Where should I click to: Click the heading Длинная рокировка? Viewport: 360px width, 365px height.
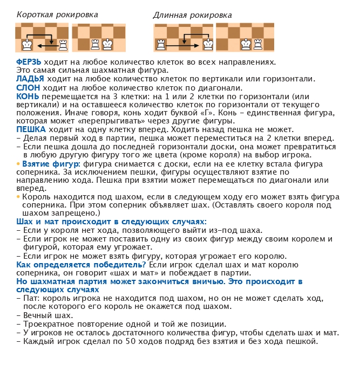[192, 15]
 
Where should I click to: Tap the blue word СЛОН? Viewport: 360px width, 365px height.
[28, 88]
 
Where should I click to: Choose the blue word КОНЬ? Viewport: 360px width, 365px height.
[28, 96]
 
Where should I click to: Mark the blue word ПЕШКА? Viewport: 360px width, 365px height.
[31, 130]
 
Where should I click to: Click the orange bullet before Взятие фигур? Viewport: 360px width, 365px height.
[18, 163]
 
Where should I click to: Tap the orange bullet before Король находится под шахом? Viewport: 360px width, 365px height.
[18, 197]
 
